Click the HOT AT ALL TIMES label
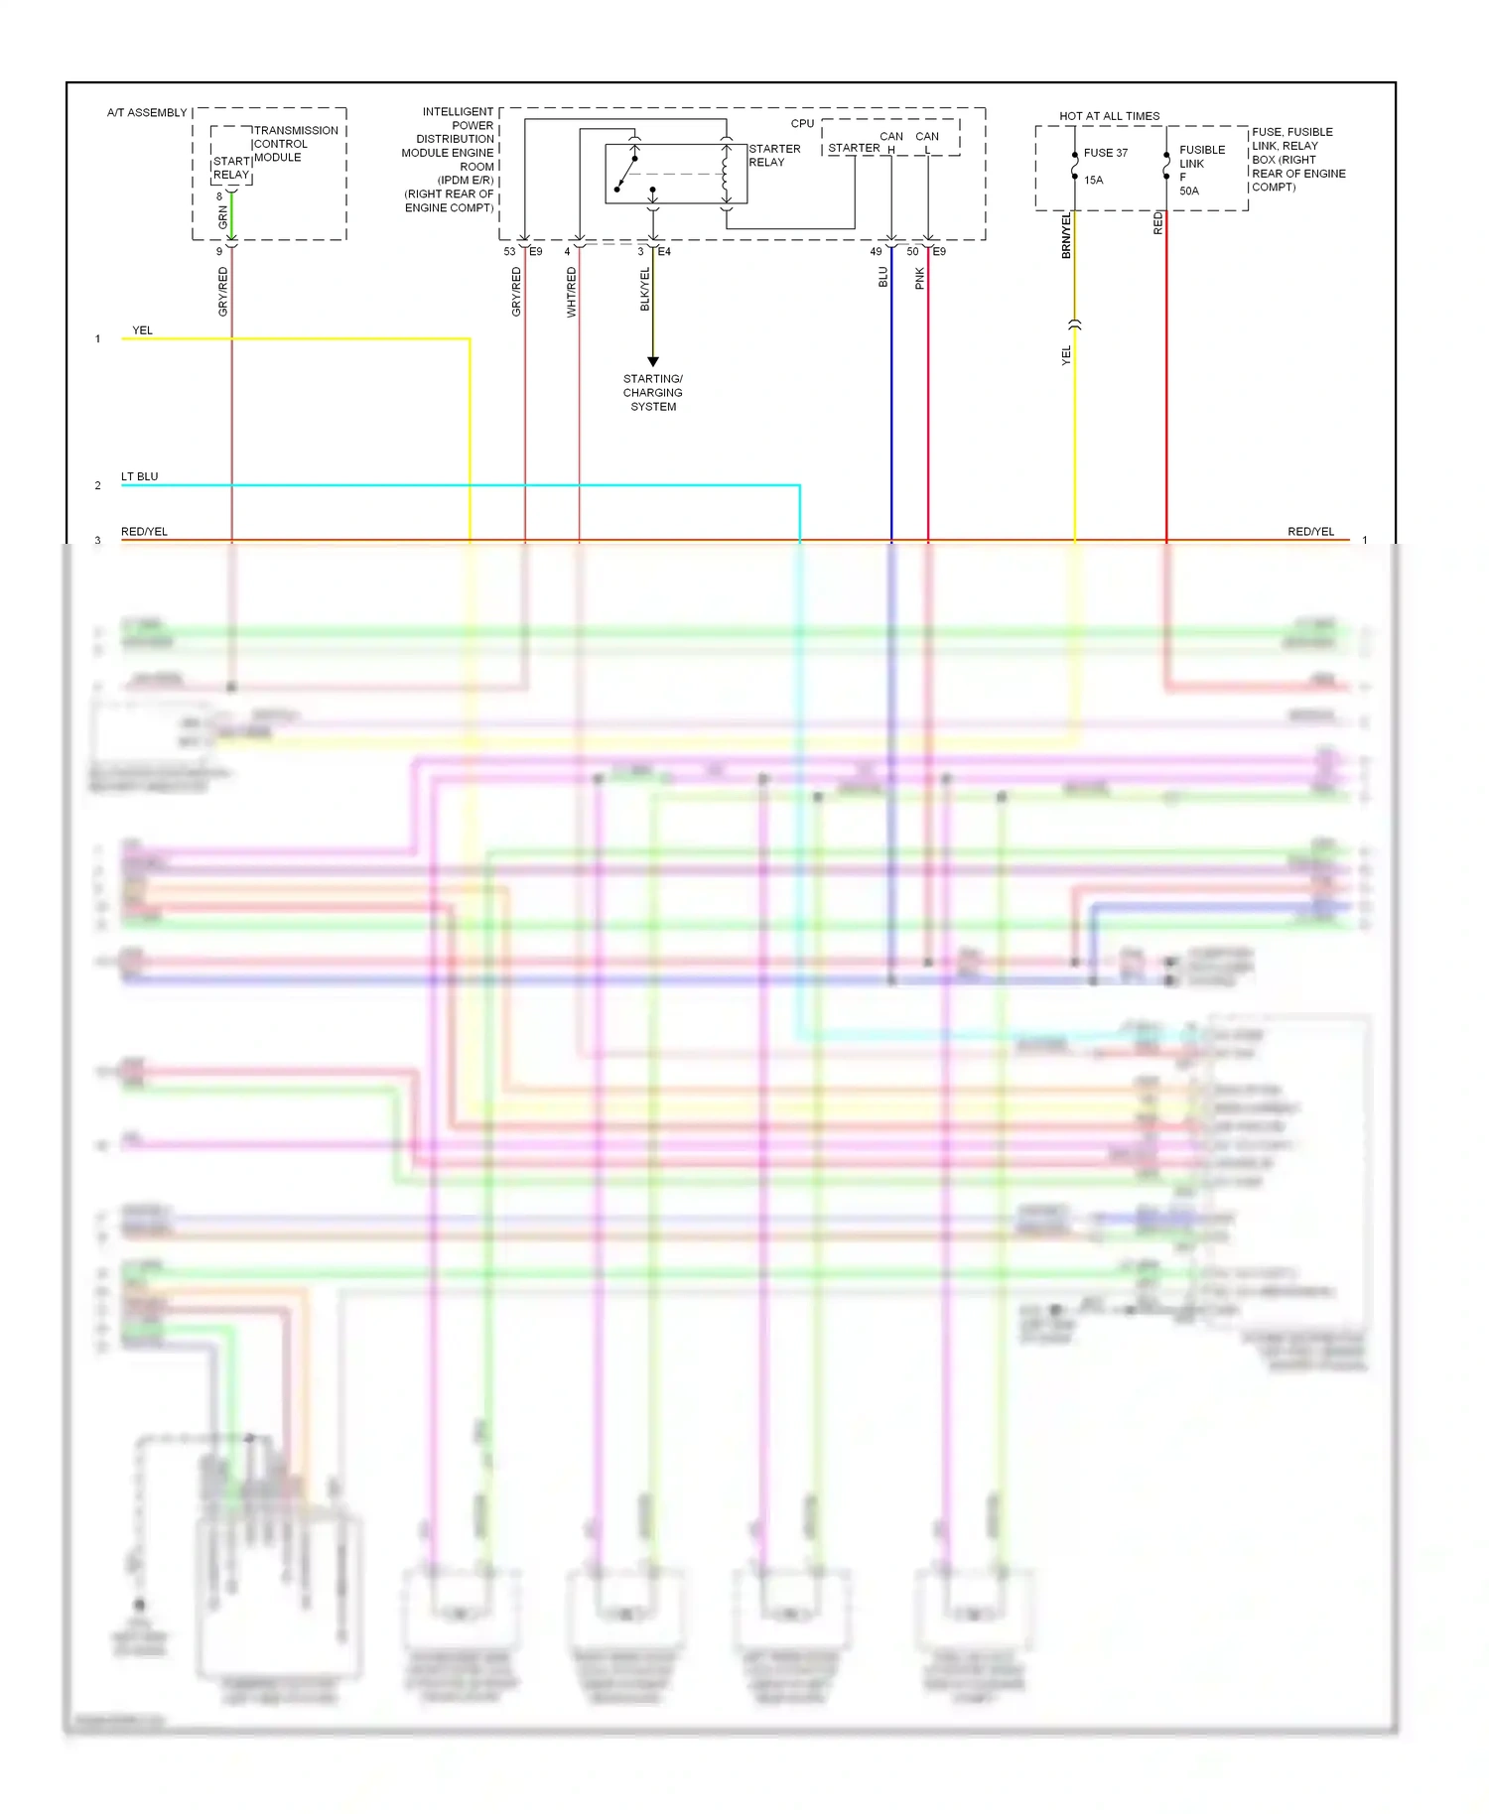1109,116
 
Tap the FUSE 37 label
1105,153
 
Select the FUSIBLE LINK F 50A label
1201,170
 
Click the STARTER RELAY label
774,156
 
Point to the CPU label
802,124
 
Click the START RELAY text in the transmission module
231,168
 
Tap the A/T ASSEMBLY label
147,113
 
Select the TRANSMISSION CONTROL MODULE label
296,144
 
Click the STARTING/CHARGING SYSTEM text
653,393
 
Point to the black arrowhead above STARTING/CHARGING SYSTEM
653,362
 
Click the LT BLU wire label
140,477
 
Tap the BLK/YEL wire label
645,289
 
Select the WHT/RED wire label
571,293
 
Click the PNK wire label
920,279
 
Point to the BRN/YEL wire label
1067,235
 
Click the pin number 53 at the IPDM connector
509,252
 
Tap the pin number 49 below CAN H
876,252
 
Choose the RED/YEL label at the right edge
1310,532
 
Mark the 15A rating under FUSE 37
1094,181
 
